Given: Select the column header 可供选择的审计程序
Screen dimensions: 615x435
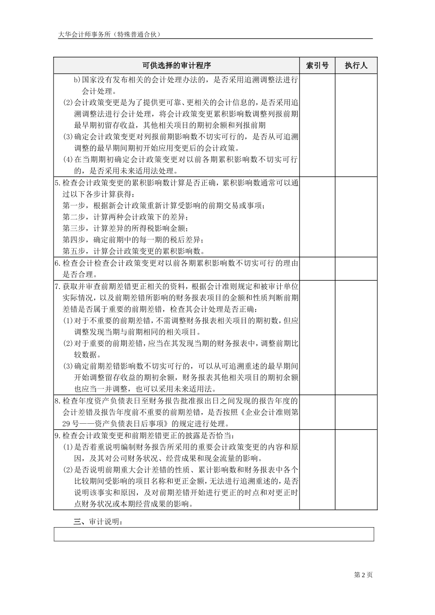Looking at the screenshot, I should [x=176, y=65].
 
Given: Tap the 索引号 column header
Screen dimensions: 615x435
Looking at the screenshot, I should [x=317, y=65].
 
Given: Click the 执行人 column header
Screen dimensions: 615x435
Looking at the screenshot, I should [x=356, y=65].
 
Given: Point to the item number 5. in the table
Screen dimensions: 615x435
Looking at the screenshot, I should [x=57, y=183].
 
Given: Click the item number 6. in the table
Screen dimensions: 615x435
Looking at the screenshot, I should [x=57, y=263].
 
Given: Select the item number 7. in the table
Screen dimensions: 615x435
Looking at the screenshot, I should [x=57, y=286].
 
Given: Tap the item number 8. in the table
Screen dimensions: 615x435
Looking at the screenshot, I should [x=57, y=401].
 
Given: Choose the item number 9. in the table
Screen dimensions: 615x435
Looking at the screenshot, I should [x=57, y=436].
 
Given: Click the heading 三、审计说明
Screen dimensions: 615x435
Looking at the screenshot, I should [x=98, y=522].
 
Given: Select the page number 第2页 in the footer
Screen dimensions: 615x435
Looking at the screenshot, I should [x=364, y=575].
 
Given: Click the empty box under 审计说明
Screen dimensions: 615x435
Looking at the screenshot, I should [x=213, y=534].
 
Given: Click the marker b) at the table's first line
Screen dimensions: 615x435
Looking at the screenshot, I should [x=77, y=80].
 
